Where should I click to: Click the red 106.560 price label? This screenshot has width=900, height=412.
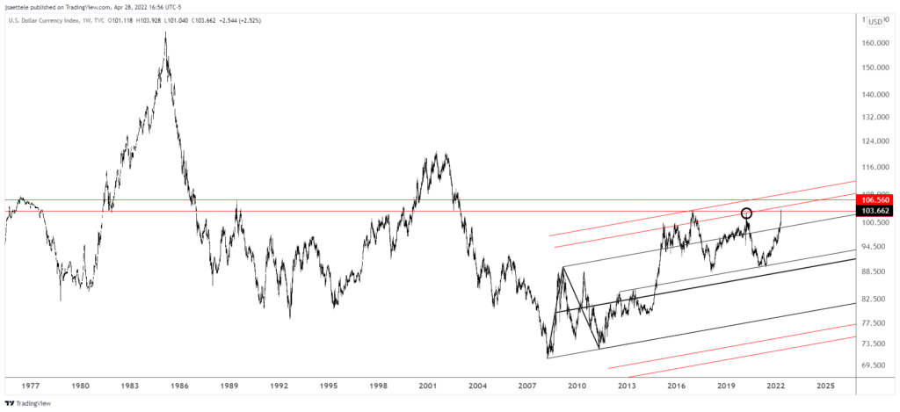[875, 199]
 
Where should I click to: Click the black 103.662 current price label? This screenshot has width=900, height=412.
[875, 212]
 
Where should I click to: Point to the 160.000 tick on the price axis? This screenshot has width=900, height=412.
[874, 43]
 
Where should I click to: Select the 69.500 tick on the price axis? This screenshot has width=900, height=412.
[873, 365]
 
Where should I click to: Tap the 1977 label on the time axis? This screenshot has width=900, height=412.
[30, 386]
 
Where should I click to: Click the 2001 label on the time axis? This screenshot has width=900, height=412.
[429, 386]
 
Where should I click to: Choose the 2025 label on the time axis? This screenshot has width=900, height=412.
[826, 386]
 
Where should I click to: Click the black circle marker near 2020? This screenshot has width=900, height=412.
[747, 213]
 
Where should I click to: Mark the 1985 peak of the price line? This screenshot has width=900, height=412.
[165, 33]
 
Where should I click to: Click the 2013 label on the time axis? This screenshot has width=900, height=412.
[627, 386]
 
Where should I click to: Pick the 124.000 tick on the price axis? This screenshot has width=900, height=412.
[874, 141]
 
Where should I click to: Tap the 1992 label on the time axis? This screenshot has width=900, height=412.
[279, 386]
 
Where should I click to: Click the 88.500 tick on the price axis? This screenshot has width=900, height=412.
[873, 271]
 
